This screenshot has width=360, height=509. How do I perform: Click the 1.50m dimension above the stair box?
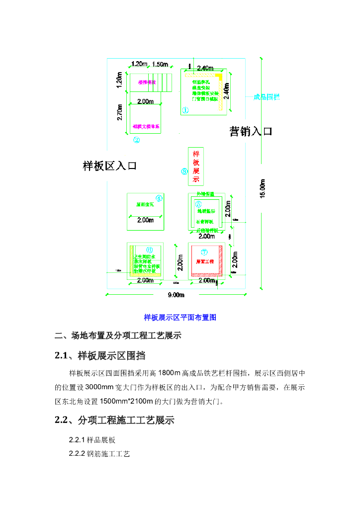(160, 64)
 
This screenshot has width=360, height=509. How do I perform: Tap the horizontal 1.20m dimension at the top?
(139, 64)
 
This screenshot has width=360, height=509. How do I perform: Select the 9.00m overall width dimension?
(176, 295)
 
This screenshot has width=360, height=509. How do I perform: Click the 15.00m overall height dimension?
(263, 189)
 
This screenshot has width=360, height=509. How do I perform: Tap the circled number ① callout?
(185, 110)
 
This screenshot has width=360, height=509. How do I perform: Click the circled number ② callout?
(136, 140)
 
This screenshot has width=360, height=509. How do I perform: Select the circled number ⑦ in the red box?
(204, 252)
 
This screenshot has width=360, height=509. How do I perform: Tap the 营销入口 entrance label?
(251, 132)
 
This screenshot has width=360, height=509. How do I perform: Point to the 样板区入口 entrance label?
(109, 166)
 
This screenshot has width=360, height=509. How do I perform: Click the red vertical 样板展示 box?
(196, 167)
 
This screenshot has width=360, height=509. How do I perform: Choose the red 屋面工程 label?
(204, 261)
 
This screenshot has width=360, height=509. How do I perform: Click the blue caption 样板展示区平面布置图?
(180, 317)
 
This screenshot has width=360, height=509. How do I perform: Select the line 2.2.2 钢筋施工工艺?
(99, 454)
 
